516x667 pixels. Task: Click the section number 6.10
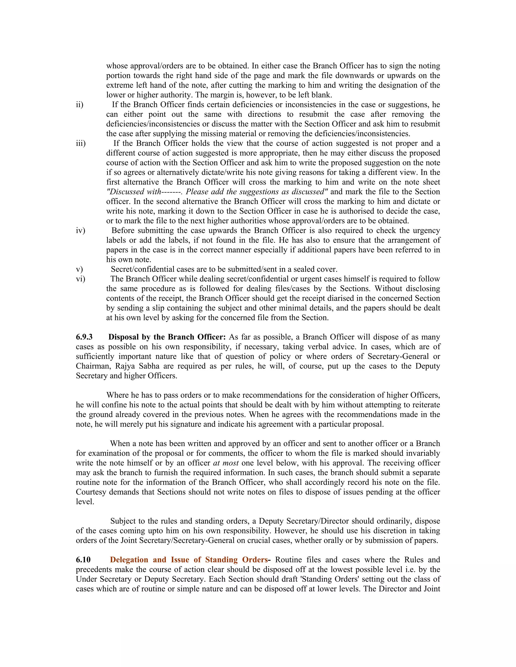pos(83,560)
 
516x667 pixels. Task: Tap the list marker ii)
pos(79,104)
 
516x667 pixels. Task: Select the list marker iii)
pos(81,143)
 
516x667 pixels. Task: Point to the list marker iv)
pos(80,230)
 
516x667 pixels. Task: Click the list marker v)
pos(79,269)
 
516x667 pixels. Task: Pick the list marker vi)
pos(80,279)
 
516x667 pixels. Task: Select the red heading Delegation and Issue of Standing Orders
pos(189,560)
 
